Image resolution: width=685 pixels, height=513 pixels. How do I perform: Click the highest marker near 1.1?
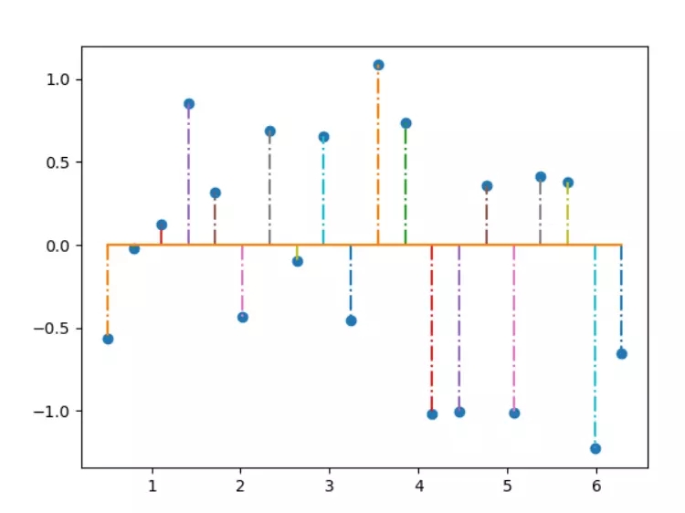(378, 65)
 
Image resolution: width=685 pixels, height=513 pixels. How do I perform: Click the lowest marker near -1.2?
(595, 448)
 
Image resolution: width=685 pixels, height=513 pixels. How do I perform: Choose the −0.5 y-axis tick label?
(56, 329)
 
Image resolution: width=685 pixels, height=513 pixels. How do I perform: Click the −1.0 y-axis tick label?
(56, 411)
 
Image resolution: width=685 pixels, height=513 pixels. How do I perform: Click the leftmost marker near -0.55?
(108, 339)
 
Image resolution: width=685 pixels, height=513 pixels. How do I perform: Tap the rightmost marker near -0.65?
(622, 353)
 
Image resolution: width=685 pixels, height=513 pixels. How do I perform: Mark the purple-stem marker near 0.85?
(189, 104)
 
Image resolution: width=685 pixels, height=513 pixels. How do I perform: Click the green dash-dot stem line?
(406, 183)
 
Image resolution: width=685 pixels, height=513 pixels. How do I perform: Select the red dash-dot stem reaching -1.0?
(432, 329)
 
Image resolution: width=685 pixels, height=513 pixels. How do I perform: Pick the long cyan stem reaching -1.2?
(595, 347)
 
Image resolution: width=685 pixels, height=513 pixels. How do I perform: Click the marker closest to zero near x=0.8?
(134, 248)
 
